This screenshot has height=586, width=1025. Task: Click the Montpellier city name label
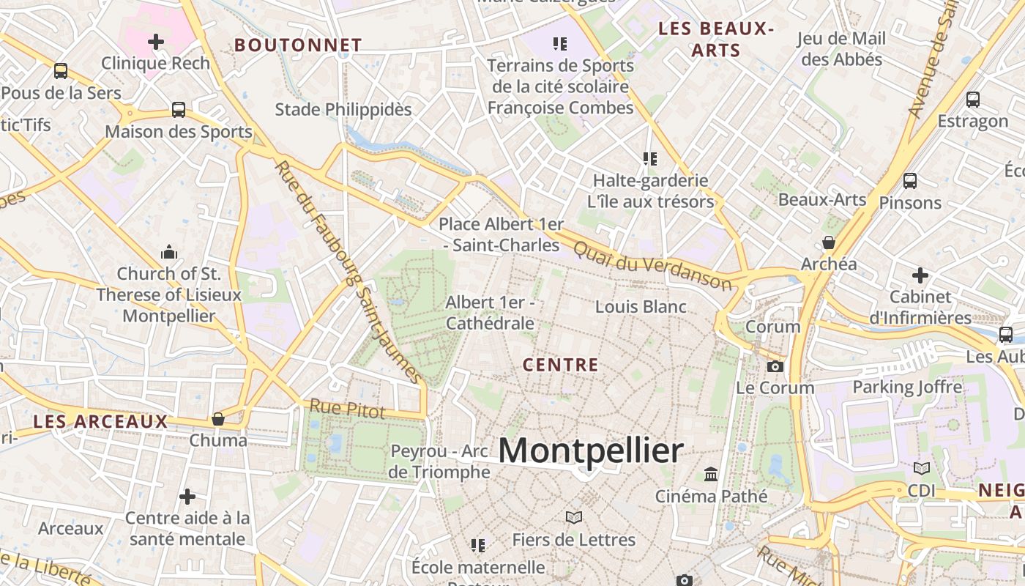coord(590,450)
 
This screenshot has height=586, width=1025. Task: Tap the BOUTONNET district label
coord(298,45)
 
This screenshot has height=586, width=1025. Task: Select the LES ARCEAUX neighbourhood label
coord(101,422)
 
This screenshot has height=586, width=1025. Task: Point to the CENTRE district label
coord(561,365)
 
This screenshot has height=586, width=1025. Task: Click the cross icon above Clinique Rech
coord(156,42)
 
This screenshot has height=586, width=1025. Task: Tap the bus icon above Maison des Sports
coord(179,110)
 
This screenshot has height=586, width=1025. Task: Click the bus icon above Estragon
coord(973,99)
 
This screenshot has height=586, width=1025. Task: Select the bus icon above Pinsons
coord(910,180)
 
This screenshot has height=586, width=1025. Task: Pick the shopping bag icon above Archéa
coord(829,242)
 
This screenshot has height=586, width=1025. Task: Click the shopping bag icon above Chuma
coord(217,419)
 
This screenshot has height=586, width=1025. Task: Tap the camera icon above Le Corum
coord(775,366)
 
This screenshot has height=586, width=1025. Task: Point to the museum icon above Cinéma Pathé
coord(711,475)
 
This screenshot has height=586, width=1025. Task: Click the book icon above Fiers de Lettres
coord(574,518)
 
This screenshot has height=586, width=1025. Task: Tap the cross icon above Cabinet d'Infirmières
coord(920,275)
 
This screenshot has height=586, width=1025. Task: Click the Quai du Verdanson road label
coord(652,265)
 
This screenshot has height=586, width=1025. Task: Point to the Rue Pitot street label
coord(347,409)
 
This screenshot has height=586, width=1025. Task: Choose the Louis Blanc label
coord(641,307)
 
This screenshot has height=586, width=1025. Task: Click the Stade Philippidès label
coord(343,110)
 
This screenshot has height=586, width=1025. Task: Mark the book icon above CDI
coord(922,468)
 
